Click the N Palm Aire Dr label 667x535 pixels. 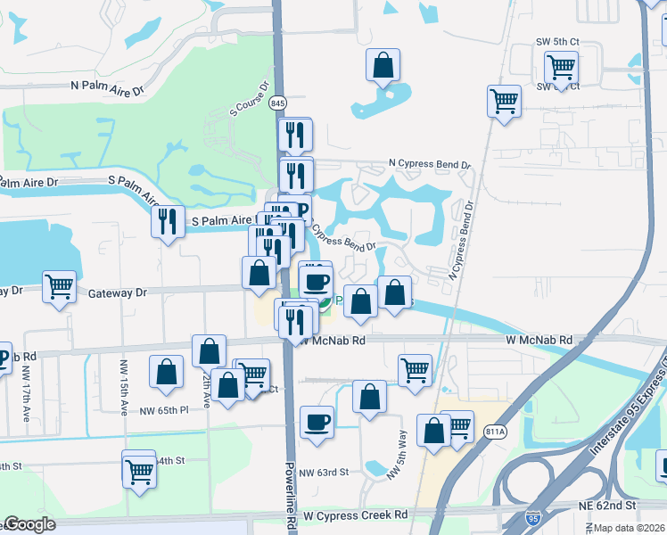click(x=107, y=90)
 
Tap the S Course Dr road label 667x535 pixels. click(x=251, y=100)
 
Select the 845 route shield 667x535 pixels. click(x=279, y=103)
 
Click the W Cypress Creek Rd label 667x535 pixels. click(x=355, y=515)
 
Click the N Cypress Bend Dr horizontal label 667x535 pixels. click(x=429, y=165)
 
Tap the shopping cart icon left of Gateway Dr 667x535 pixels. click(x=59, y=287)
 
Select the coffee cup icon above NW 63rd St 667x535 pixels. click(x=317, y=422)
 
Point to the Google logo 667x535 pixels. click(x=30, y=524)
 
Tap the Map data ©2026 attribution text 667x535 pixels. click(x=628, y=528)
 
